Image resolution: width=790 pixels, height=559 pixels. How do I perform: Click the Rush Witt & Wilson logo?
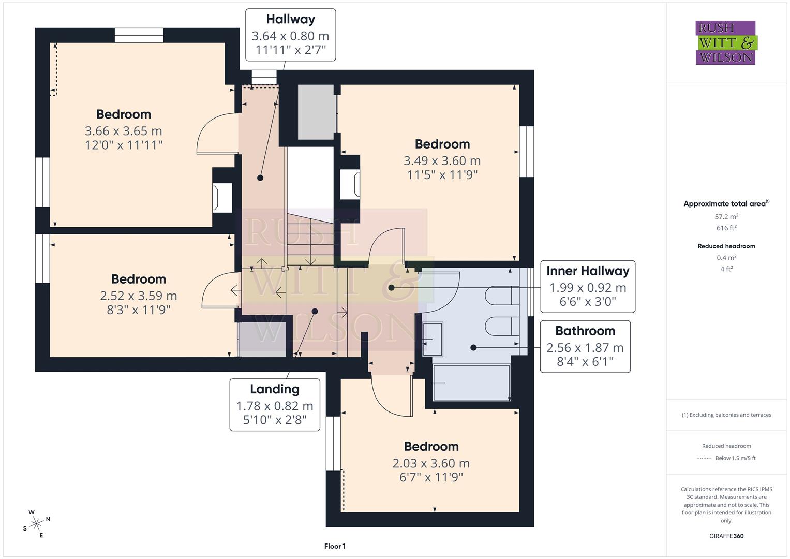(x=725, y=43)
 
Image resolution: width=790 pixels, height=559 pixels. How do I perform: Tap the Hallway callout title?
(x=290, y=20)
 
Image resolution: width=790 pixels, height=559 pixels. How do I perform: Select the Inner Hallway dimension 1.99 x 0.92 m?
(x=587, y=288)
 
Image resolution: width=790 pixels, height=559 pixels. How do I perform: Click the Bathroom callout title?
(x=585, y=331)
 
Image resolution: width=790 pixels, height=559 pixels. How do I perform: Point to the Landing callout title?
(x=274, y=389)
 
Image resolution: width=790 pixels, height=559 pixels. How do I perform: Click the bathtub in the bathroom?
(x=471, y=383)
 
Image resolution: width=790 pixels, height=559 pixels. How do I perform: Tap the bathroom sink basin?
(x=433, y=340)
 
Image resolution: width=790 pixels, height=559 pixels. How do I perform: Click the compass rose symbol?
(x=36, y=524)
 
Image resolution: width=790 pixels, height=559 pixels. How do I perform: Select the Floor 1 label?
(x=335, y=546)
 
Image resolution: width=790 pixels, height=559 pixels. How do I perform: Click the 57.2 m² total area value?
(x=726, y=217)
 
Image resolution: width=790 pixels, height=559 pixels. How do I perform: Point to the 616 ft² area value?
(x=726, y=228)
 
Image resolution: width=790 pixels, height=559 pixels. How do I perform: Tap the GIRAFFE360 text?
(x=726, y=536)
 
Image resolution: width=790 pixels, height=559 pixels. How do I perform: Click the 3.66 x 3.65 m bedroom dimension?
(x=124, y=131)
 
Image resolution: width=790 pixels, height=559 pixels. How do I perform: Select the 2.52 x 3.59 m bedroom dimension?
(x=139, y=296)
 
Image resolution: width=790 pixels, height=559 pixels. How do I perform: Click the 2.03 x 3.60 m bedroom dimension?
(x=431, y=463)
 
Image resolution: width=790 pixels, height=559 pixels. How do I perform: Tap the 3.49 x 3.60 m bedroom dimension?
(x=442, y=161)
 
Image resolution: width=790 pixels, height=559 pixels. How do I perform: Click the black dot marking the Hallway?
(x=260, y=178)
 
